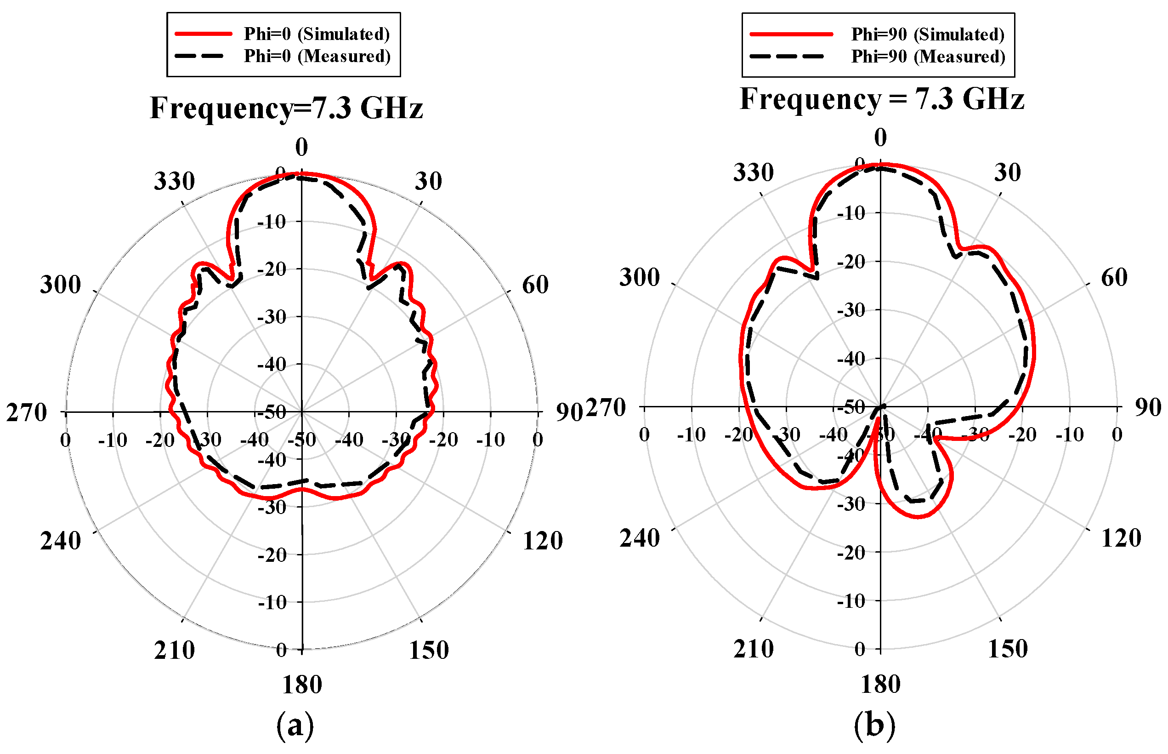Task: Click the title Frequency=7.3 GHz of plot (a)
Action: pos(286,108)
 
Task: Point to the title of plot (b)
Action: pos(882,99)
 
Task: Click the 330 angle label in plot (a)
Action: pos(174,181)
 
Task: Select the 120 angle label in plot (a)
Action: pos(543,541)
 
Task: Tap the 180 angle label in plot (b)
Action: pos(880,684)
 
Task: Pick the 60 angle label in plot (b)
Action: pos(1114,278)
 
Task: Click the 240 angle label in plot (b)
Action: pos(640,538)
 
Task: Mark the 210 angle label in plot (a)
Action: pos(174,650)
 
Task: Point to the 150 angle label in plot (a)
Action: pos(429,650)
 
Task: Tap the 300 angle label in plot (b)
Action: pos(640,278)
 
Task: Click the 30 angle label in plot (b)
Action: pos(1008,172)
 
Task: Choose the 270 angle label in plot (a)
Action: pos(27,413)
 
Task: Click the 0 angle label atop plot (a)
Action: pos(301,147)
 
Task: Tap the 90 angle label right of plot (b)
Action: pos(1148,407)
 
